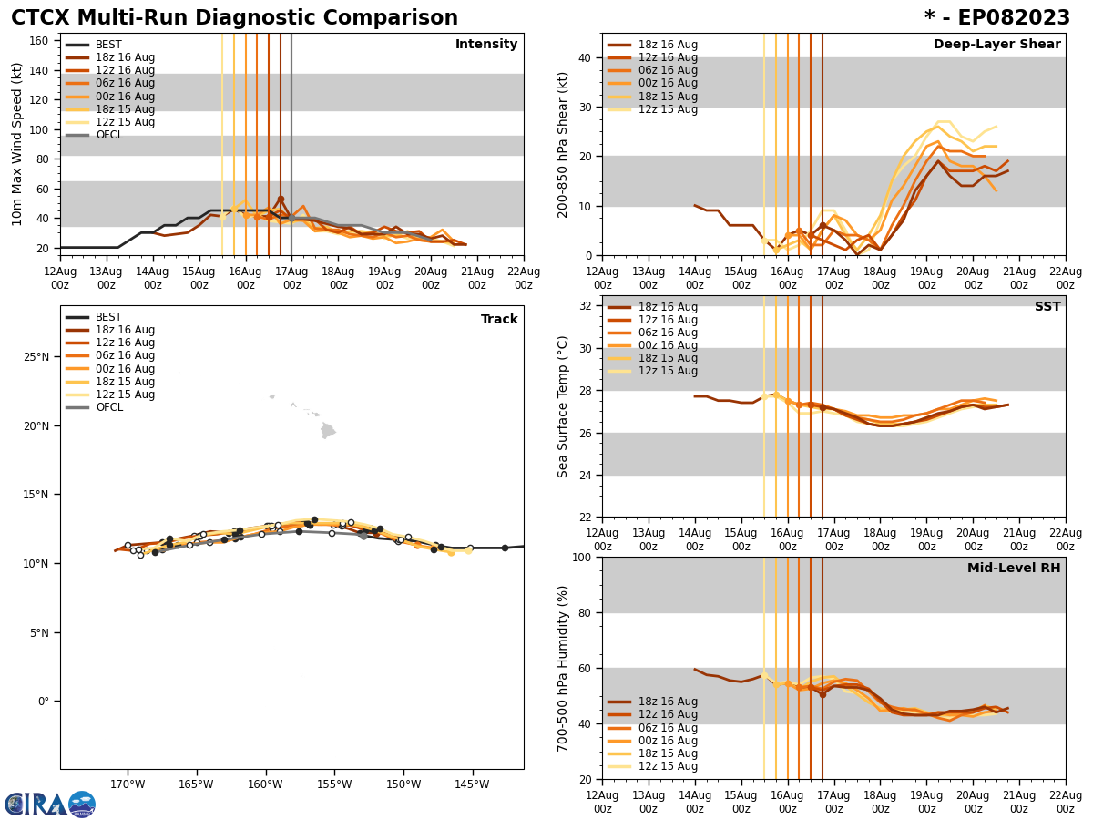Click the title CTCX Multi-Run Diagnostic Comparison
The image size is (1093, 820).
pos(234,18)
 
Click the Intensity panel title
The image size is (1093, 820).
pos(485,45)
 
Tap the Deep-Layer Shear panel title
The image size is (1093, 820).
pos(996,45)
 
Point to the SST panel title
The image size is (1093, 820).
pos(1047,307)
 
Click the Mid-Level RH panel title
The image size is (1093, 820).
pos(1013,569)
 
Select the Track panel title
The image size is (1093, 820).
pos(499,320)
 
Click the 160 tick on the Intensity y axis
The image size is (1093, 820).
pos(41,40)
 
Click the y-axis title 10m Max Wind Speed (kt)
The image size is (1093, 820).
pos(16,144)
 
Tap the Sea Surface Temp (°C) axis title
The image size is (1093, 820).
pos(563,406)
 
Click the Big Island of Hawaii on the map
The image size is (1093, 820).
pos(328,430)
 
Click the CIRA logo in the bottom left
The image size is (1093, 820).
pos(50,805)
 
